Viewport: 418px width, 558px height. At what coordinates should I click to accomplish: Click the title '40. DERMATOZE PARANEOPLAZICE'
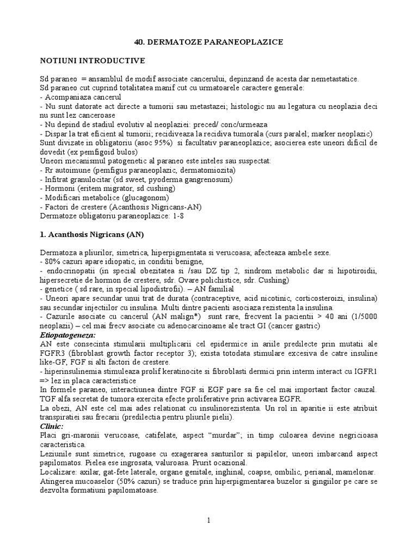[209, 41]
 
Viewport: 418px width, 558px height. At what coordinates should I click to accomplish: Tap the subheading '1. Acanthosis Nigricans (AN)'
[91, 235]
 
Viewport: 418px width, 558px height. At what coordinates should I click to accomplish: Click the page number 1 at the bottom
[208, 520]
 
